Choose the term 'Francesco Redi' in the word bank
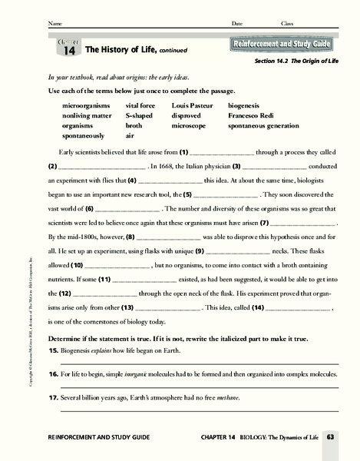point(253,114)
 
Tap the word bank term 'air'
point(131,134)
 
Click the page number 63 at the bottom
point(331,437)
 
